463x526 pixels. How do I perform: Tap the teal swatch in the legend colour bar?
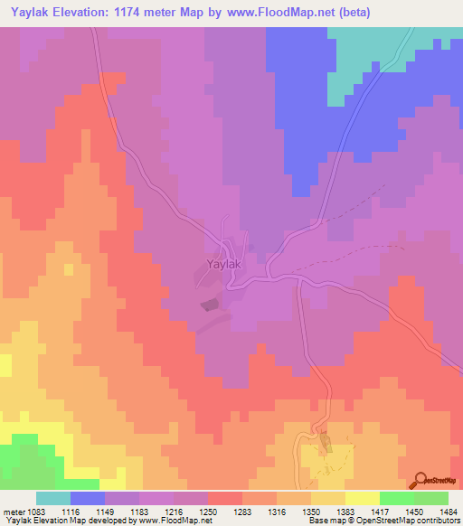[x=52, y=498]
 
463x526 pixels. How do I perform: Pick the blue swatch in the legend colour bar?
[x=87, y=498]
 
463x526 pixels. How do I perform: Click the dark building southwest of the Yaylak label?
[x=209, y=305]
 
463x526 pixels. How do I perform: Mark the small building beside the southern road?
[x=326, y=443]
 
